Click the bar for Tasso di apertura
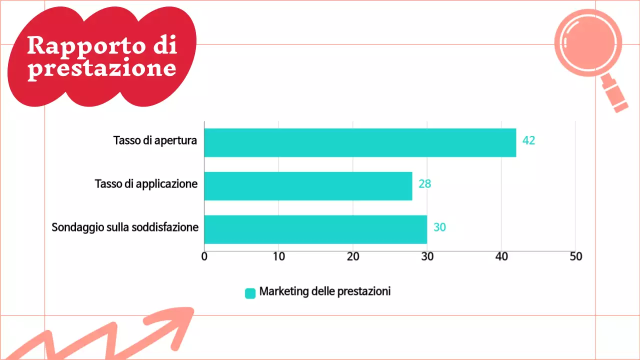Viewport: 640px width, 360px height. pos(360,142)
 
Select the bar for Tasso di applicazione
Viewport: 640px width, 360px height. pos(308,186)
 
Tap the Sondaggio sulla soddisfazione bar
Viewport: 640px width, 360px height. pos(315,229)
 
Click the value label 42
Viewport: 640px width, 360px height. pos(528,140)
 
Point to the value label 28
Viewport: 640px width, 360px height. pos(424,184)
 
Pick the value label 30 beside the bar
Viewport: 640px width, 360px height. pos(439,227)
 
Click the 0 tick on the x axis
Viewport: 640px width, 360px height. pos(204,256)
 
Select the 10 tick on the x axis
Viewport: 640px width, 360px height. pos(278,256)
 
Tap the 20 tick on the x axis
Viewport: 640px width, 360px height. pos(353,256)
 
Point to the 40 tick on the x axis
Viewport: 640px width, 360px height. pos(501,256)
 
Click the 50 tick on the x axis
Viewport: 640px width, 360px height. pos(576,256)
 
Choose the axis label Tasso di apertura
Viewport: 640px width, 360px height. pos(155,140)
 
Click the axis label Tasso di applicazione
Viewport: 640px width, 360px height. pos(146,184)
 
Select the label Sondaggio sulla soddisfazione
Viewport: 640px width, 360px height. pos(125,227)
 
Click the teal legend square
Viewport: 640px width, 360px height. pos(250,293)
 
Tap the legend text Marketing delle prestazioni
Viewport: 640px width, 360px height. pos(325,291)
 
